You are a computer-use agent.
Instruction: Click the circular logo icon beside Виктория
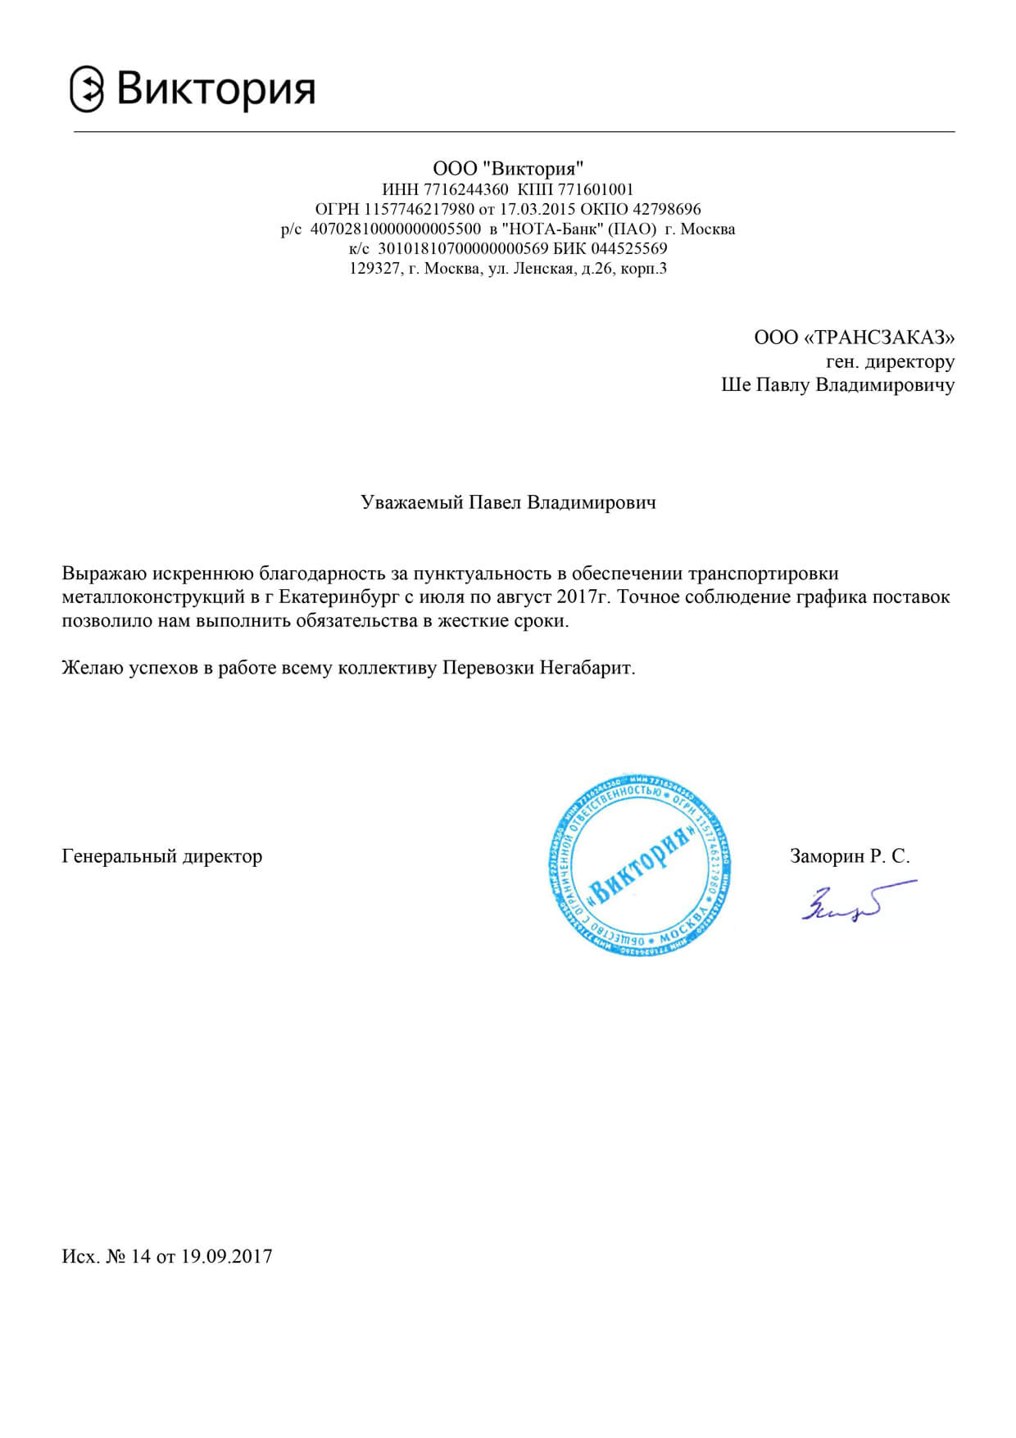click(87, 89)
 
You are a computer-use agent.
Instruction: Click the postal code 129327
click(374, 268)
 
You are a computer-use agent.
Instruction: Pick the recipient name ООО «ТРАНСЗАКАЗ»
click(854, 338)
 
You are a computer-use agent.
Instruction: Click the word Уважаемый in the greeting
click(411, 502)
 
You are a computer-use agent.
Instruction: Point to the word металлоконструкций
click(153, 597)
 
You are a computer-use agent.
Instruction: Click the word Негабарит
click(587, 668)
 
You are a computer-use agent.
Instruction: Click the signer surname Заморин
click(826, 857)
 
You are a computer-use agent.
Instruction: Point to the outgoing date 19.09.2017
click(226, 1257)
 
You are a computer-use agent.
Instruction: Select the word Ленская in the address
click(542, 268)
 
